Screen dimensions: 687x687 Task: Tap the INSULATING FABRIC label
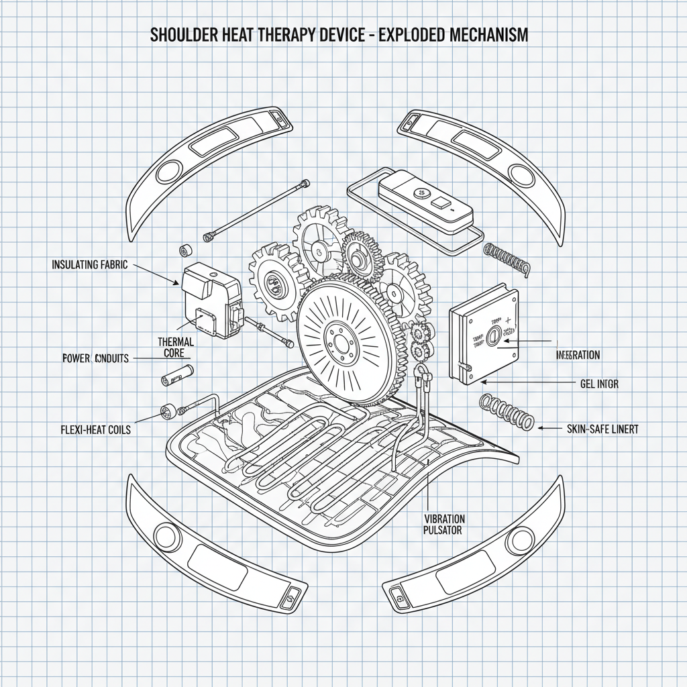(89, 264)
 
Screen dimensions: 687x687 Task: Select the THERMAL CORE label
(175, 346)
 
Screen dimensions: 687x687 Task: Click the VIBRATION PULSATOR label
(444, 524)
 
